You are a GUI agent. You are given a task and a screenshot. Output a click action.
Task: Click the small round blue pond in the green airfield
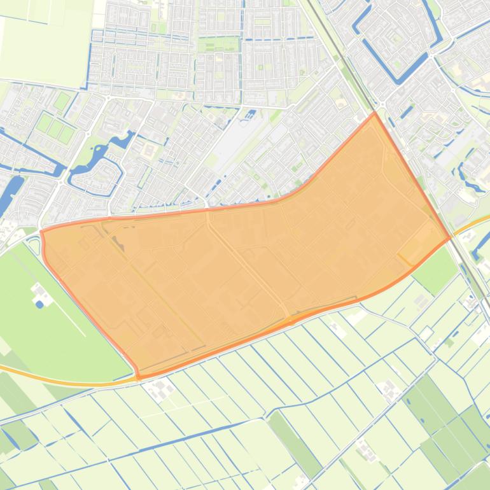click(x=39, y=304)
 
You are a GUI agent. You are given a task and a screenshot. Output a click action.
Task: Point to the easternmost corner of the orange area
click(x=451, y=237)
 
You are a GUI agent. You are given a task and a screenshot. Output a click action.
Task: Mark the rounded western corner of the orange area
click(x=43, y=234)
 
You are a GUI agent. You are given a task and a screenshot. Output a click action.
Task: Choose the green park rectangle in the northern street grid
click(x=218, y=45)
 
